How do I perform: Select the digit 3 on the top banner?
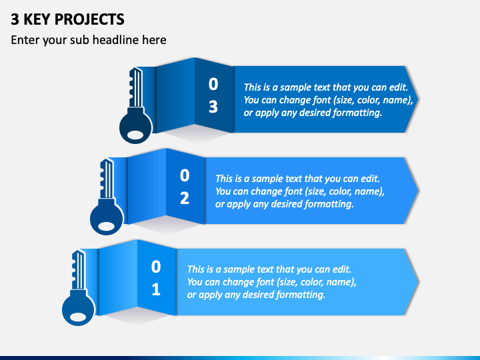tap(213, 107)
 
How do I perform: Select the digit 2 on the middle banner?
tap(185, 198)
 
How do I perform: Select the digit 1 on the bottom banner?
tap(156, 289)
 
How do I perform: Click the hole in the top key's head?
tap(135, 135)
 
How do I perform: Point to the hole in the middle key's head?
tap(107, 227)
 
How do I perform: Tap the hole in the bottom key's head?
tap(78, 318)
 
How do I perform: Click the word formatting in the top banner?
tap(356, 113)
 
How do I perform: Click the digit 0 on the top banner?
tap(213, 85)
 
